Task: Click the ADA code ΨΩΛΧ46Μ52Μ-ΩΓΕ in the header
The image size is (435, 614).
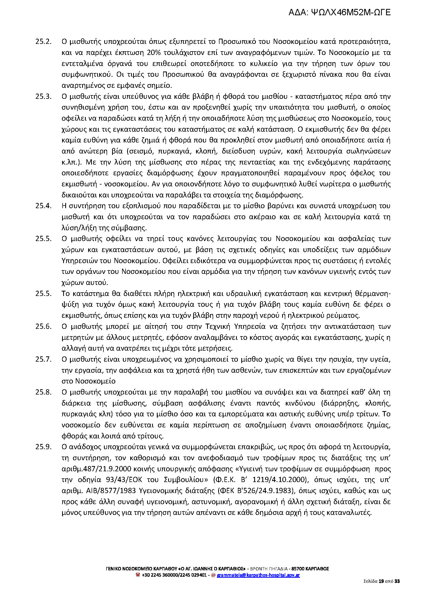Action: pos(339,12)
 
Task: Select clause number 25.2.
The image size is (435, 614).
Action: pos(43,42)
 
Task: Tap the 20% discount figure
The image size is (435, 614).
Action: pos(153,53)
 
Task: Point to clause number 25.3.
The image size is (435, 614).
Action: pos(43,96)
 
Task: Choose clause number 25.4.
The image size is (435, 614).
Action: pos(43,206)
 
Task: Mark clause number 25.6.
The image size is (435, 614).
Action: pos(43,326)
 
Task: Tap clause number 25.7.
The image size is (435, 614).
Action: pos(43,359)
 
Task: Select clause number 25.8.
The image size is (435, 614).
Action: pos(43,392)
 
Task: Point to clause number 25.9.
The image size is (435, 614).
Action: pos(43,447)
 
